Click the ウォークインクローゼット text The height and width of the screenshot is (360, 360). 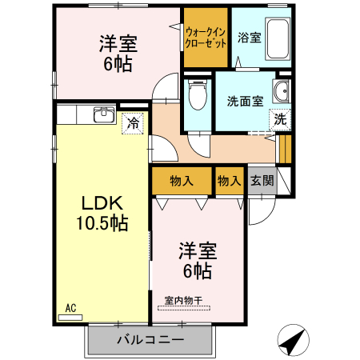pos(206,38)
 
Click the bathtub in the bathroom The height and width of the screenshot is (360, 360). pos(278,37)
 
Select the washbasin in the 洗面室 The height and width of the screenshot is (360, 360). pos(282,92)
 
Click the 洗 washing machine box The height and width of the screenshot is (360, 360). pos(280,118)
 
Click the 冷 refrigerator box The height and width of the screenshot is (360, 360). pos(134,124)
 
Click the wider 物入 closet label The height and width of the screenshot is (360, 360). pos(182,181)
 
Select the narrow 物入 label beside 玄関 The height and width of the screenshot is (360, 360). pos(230,181)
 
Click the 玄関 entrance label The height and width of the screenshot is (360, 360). pos(261,181)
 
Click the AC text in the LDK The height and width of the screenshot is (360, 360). pos(70,307)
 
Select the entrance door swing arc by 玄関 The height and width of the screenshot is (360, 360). pos(258,210)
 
